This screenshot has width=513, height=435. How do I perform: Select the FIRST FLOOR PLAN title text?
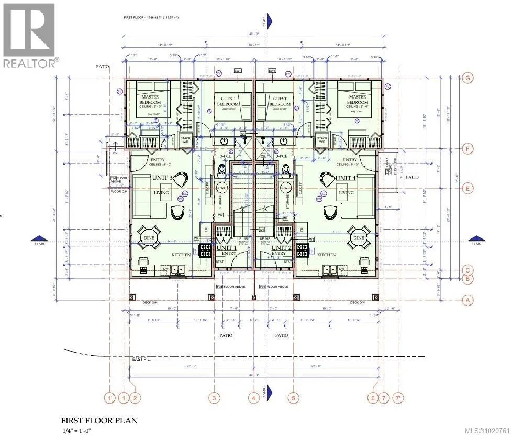(x=99, y=420)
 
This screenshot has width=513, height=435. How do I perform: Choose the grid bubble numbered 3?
(x=214, y=398)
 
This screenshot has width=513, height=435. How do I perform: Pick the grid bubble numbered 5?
(x=293, y=398)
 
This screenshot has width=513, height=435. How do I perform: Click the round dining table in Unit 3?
(x=147, y=237)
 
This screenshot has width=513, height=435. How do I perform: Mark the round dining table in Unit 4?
(x=359, y=237)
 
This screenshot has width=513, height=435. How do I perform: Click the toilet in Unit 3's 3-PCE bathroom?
(x=222, y=169)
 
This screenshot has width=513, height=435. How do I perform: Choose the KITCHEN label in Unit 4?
(x=326, y=255)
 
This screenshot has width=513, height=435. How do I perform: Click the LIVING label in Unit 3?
(x=161, y=193)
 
